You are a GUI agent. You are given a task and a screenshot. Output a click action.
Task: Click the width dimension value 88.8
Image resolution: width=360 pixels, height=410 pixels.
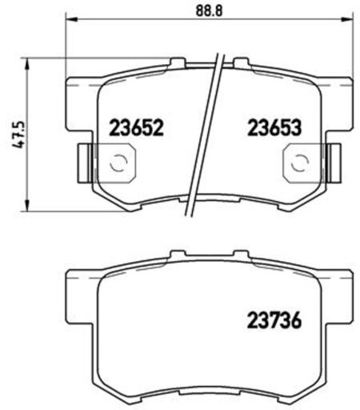[209, 11]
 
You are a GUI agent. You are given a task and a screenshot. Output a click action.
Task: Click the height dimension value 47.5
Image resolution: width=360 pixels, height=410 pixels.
[18, 135]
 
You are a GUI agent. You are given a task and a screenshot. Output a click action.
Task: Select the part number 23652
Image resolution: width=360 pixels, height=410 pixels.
[136, 127]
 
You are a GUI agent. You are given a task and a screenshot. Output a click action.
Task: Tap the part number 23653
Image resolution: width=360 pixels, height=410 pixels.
[274, 127]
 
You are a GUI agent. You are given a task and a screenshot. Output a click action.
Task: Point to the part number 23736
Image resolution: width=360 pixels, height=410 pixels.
[274, 320]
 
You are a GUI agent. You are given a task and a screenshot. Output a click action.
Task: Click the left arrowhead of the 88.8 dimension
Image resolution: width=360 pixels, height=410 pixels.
[71, 19]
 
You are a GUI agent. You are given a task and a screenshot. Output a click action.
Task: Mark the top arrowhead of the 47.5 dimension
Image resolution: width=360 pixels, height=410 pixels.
[26, 64]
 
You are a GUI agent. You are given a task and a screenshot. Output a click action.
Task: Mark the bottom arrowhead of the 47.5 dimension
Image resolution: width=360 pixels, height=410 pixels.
[26, 206]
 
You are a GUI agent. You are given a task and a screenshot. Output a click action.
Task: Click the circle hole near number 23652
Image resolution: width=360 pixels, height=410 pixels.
[118, 163]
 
